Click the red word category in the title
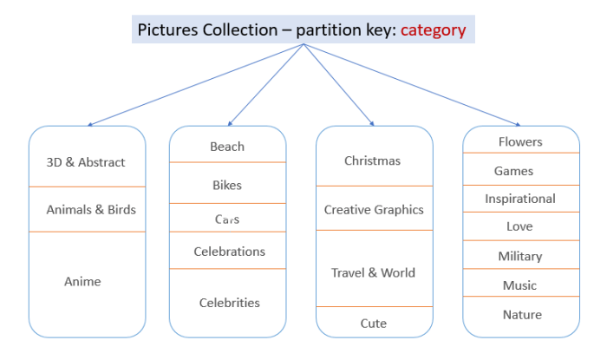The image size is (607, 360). (x=433, y=29)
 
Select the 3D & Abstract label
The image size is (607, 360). (x=86, y=162)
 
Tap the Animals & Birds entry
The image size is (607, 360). (x=91, y=209)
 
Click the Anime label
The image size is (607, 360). (x=82, y=281)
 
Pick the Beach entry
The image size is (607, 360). (x=227, y=147)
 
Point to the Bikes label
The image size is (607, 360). (x=227, y=185)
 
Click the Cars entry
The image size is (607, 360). (x=227, y=219)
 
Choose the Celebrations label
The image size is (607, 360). (x=230, y=252)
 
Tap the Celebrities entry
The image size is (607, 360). (x=230, y=303)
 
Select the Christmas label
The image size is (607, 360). (x=372, y=160)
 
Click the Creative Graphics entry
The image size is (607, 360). (x=374, y=210)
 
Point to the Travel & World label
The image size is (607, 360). (x=373, y=272)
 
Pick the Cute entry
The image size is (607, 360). (x=373, y=324)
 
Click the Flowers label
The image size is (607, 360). (x=520, y=141)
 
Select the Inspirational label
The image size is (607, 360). (x=520, y=199)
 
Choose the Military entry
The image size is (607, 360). (x=520, y=256)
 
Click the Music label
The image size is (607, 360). (x=520, y=285)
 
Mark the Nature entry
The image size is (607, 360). (x=522, y=315)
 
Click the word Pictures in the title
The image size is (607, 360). (x=168, y=30)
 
